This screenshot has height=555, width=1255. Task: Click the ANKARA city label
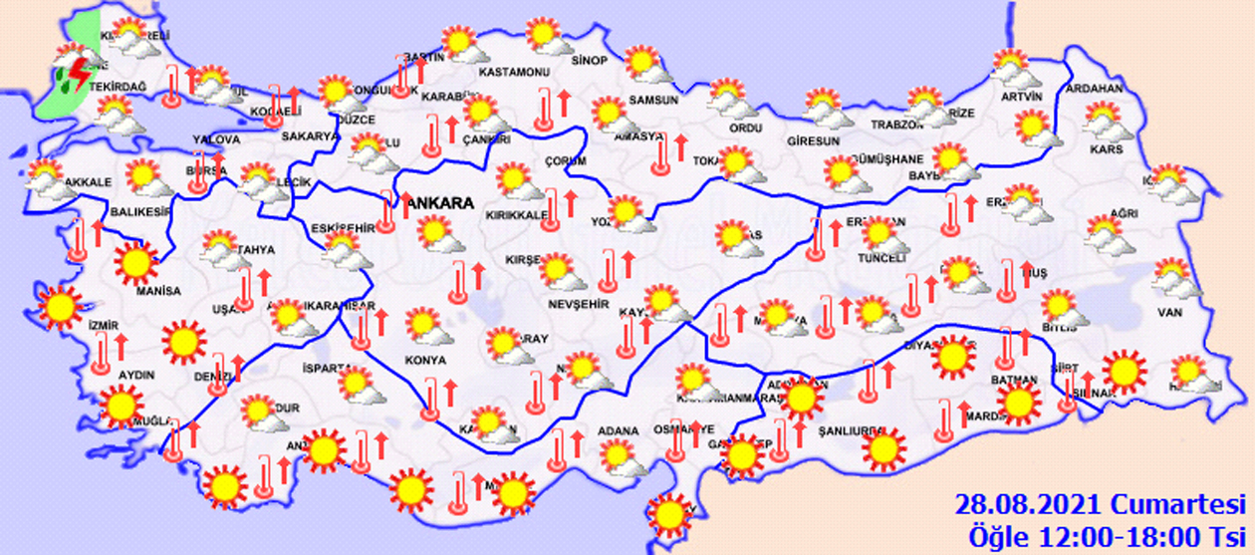[x=439, y=203]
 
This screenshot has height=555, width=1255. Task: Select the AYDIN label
[x=136, y=375]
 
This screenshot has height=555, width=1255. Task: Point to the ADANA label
[x=618, y=431]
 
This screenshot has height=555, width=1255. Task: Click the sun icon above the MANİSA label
[x=135, y=263]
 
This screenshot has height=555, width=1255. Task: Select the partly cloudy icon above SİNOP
[x=547, y=37]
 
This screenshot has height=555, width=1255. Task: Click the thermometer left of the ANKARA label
[x=387, y=210]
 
